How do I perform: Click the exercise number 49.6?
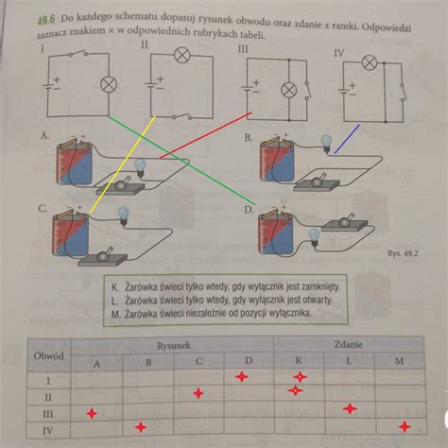point(46,20)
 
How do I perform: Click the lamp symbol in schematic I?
point(109,85)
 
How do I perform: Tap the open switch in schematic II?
point(181,116)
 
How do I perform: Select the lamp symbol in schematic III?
point(288,91)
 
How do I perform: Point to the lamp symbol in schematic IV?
point(370,62)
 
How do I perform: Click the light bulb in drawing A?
point(140,168)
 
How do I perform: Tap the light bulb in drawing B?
point(326,144)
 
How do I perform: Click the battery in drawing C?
point(71,233)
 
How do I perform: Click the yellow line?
point(123,164)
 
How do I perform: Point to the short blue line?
point(347,139)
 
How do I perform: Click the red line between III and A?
point(206,135)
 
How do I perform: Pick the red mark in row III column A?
point(92,413)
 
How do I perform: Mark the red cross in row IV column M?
point(405,427)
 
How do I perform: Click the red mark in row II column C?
point(198,393)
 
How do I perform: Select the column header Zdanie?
point(348,345)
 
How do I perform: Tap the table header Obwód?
point(48,356)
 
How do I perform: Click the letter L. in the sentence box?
point(115,301)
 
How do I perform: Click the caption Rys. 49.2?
point(403,253)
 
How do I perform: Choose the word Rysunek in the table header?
point(174,346)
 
